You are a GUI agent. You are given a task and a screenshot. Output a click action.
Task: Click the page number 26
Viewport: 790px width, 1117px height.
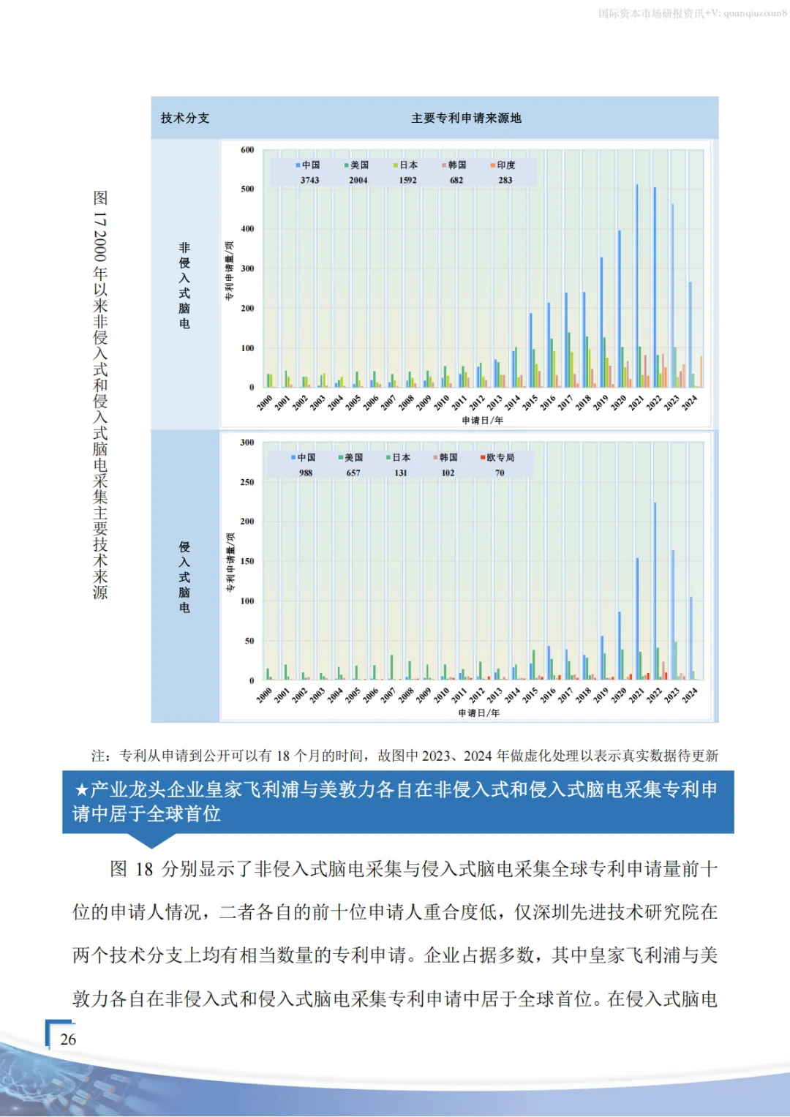pos(68,1039)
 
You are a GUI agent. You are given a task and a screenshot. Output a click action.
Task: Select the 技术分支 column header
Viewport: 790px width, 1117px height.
pos(185,118)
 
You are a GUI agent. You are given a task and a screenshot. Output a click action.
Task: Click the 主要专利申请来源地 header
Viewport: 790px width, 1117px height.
pos(466,118)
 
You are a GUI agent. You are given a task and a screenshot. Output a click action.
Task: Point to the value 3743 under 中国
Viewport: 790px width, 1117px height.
pos(309,180)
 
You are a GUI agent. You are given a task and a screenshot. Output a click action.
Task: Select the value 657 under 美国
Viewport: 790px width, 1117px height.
pos(353,473)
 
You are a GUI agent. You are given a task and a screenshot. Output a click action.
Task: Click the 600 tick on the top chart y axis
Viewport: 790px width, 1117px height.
pos(247,150)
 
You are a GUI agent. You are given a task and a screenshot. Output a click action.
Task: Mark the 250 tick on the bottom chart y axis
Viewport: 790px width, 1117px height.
pos(247,482)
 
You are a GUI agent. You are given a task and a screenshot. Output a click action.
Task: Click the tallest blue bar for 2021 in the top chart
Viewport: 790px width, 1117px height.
pos(636,285)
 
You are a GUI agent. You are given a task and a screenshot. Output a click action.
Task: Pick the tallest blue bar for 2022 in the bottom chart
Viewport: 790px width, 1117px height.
pos(655,591)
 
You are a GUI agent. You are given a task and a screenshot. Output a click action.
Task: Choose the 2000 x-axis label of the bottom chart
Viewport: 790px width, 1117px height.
pos(264,696)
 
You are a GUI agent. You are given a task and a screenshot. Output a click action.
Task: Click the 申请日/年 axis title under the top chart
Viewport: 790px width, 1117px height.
pos(483,421)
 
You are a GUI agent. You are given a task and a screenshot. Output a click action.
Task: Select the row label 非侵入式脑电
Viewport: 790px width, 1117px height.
pos(184,285)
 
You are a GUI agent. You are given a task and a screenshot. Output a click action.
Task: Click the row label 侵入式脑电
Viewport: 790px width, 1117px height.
pos(184,577)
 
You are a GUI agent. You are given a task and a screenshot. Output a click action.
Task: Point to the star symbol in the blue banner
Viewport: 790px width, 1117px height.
pos(81,790)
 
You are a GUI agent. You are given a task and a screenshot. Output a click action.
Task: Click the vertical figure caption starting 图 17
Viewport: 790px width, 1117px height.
pos(100,395)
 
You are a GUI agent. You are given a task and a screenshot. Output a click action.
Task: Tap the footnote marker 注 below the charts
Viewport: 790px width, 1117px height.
pos(99,756)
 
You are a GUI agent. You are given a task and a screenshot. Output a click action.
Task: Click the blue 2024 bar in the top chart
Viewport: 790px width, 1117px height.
pos(690,334)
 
